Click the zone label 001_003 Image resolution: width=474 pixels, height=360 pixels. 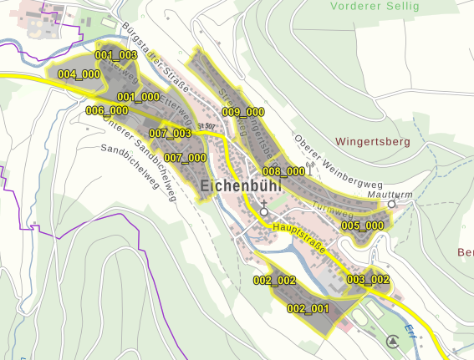coord(115,55)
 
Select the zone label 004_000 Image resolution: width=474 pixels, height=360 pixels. coord(79,74)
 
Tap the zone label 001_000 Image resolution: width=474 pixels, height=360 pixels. coord(138,97)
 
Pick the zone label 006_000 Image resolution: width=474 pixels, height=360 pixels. coord(107,111)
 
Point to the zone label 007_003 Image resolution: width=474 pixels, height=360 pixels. coord(170,134)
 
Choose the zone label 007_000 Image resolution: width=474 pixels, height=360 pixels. coord(185,157)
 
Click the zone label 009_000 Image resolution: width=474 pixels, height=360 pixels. coord(243,112)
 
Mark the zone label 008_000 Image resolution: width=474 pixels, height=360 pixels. coord(284,171)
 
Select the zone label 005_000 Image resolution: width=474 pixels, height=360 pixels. coord(362,226)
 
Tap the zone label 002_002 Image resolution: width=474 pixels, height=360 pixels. coord(275,280)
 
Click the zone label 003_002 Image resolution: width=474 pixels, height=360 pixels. coord(369,279)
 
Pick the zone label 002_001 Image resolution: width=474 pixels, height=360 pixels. coord(308,309)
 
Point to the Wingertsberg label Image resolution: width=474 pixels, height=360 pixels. coord(373,142)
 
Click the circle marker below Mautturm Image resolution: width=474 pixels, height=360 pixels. coord(391,204)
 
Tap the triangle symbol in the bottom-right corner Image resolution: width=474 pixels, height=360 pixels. coord(392,341)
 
